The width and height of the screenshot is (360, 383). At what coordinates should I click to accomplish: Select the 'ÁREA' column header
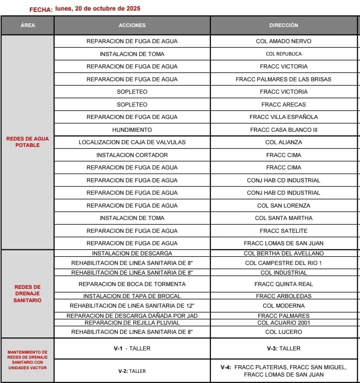(28, 26)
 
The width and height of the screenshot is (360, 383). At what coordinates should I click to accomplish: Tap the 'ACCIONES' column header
(132, 26)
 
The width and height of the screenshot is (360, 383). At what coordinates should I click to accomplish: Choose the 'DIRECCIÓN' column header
(283, 26)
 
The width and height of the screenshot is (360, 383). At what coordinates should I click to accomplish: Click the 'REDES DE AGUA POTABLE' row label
(28, 142)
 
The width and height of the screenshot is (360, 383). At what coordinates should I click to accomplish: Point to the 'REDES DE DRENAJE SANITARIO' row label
(28, 293)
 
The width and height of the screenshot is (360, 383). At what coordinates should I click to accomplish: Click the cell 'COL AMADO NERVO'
(283, 41)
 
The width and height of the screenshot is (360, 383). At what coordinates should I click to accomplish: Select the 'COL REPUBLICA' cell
(283, 54)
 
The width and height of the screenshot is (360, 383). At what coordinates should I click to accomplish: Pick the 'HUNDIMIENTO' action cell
(132, 130)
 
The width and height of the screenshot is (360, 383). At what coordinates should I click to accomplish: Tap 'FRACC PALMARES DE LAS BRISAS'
(283, 79)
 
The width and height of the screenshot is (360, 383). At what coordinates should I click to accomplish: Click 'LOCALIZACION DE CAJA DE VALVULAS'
(132, 142)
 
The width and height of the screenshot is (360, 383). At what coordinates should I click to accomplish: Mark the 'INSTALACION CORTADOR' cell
(132, 155)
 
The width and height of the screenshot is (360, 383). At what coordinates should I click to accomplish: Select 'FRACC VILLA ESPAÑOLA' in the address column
(283, 117)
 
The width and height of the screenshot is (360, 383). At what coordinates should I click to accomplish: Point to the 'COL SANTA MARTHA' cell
(283, 218)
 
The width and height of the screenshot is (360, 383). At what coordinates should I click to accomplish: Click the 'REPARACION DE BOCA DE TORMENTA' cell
(132, 284)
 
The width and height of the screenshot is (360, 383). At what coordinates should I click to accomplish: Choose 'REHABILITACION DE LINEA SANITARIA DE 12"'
(132, 306)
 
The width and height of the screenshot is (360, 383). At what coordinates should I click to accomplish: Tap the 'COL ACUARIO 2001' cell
(283, 323)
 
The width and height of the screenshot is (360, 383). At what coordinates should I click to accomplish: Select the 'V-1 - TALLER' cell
(132, 349)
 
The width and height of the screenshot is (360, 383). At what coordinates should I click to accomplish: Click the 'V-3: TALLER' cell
(283, 349)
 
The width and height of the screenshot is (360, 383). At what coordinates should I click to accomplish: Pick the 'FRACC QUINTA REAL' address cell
(283, 284)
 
